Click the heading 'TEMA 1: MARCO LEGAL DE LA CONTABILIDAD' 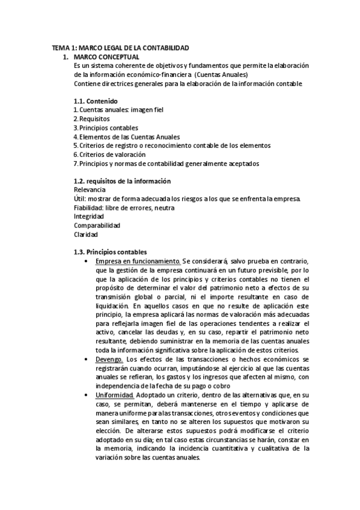[x=120, y=48]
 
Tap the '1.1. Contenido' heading [x=95, y=101]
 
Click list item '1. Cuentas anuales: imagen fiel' [x=118, y=110]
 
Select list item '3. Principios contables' [x=105, y=128]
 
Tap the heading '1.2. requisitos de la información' [x=121, y=181]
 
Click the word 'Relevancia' [x=89, y=190]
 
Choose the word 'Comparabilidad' [x=97, y=226]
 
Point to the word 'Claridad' [x=85, y=235]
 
